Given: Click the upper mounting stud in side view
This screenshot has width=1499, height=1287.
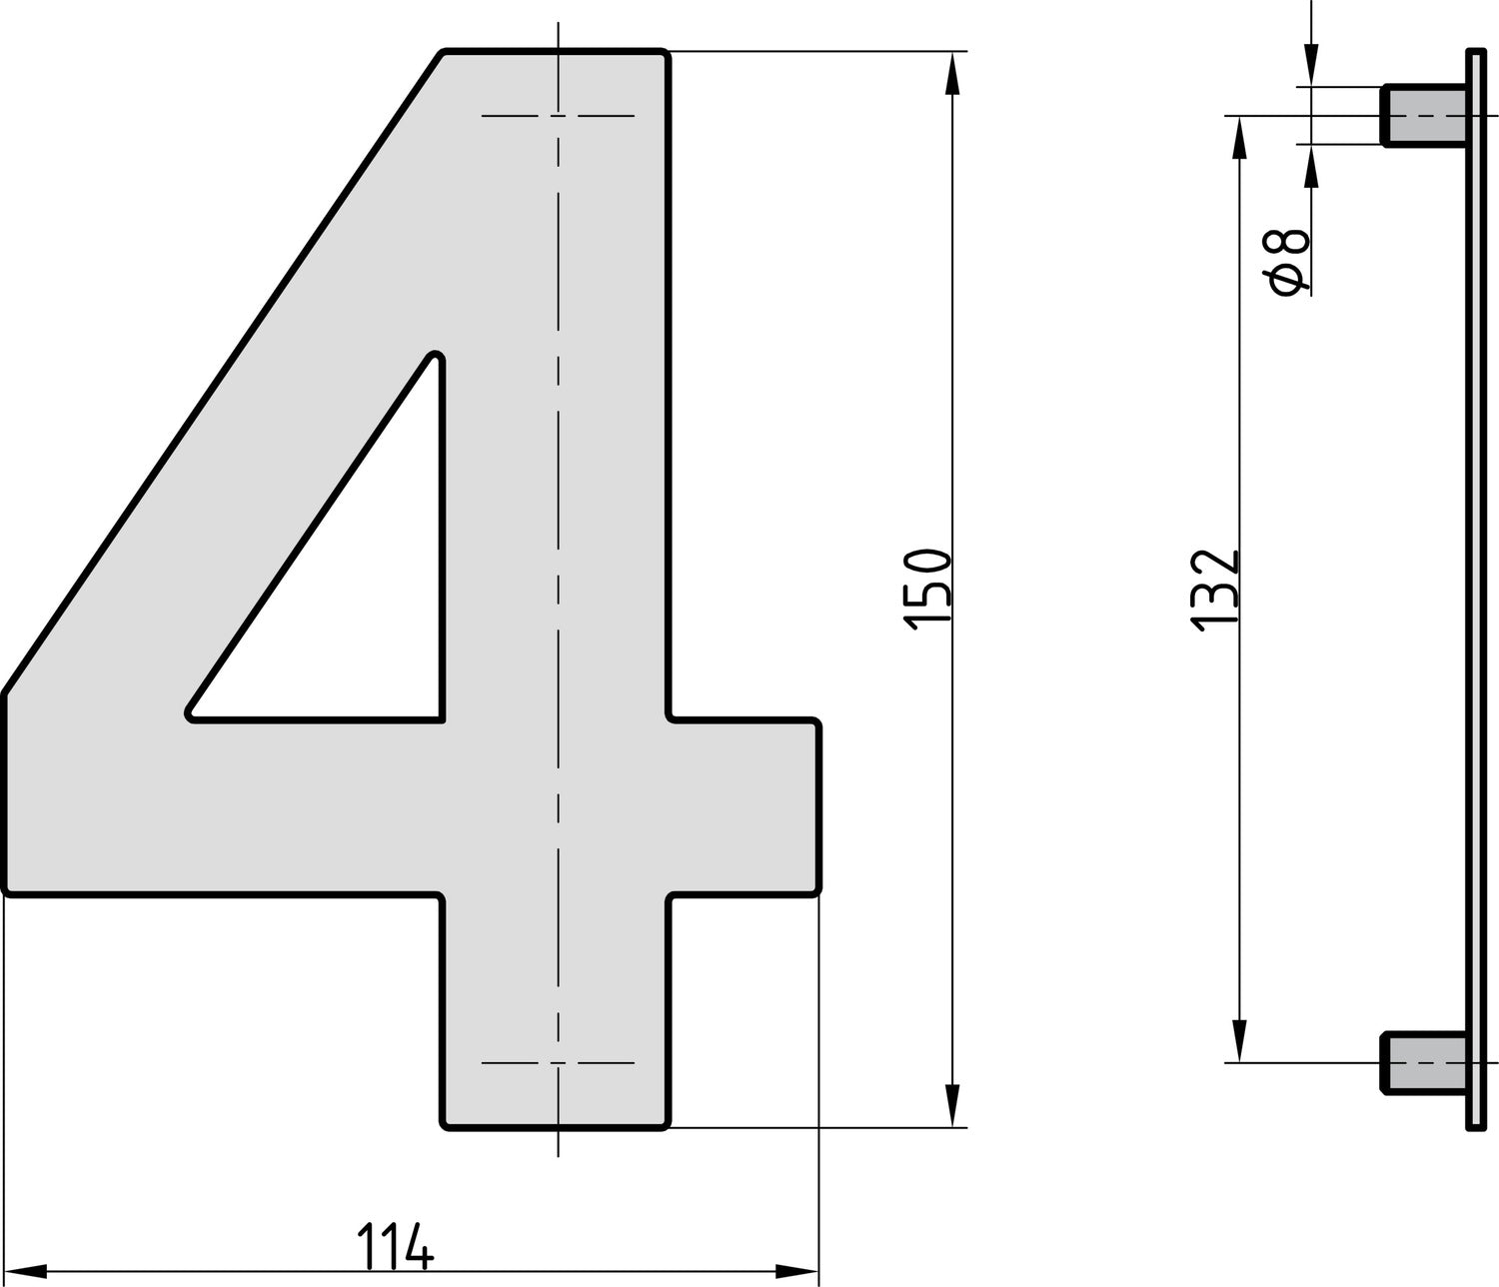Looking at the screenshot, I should click(1423, 116).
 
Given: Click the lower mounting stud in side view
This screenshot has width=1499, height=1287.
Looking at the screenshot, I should click(1423, 1061).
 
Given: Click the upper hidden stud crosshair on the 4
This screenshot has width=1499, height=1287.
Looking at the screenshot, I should click(558, 116).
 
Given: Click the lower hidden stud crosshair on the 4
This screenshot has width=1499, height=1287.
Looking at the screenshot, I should click(558, 1062).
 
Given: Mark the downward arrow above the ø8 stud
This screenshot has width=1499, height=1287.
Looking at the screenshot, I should click(1311, 64).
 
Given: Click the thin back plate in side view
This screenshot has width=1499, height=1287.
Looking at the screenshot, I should click(1475, 590).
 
